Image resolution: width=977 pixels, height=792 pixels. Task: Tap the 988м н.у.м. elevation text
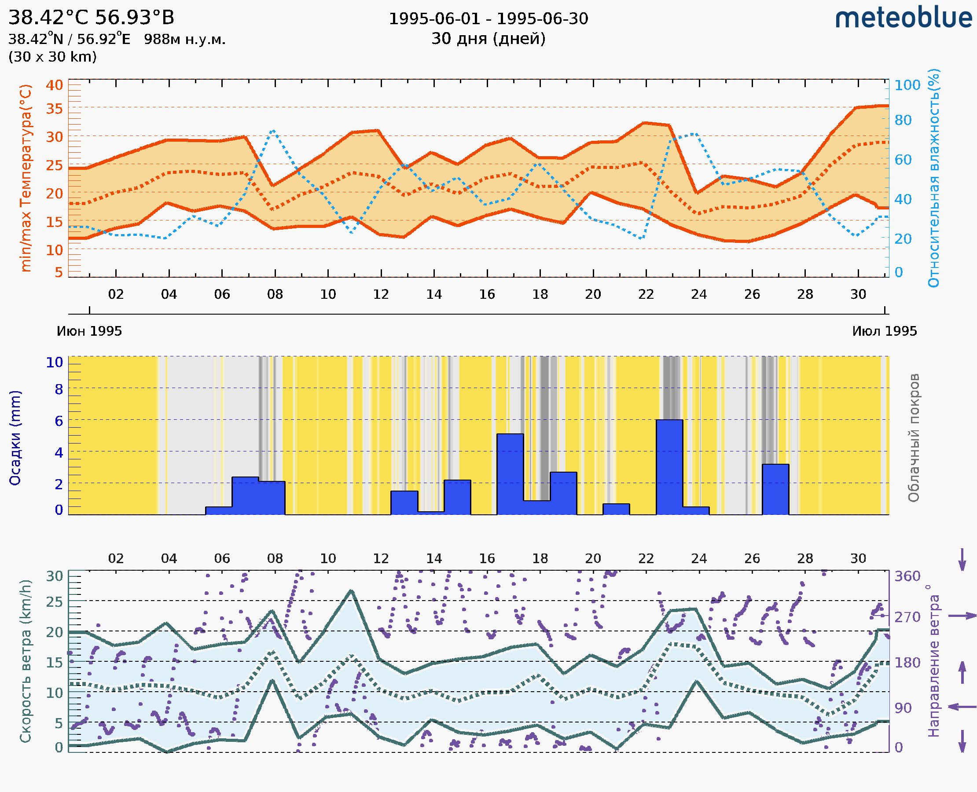point(185,40)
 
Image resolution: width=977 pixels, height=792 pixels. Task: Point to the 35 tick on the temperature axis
point(54,109)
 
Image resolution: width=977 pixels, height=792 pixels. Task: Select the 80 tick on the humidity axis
point(903,121)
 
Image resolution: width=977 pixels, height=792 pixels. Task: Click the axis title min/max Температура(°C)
point(26,178)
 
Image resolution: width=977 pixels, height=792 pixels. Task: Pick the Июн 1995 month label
point(89,331)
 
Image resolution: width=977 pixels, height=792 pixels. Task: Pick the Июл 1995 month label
point(885,331)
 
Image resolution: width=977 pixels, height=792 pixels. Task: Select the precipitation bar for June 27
point(775,489)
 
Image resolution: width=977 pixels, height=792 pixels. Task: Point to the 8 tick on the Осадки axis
point(59,389)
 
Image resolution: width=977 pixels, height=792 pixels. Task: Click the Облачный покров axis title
point(914,438)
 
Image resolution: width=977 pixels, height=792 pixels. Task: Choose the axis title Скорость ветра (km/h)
point(26,661)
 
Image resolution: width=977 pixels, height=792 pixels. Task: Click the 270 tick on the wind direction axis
point(907,617)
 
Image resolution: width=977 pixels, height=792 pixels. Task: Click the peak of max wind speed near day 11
point(351,591)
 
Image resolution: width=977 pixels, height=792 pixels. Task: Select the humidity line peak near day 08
point(273,131)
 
